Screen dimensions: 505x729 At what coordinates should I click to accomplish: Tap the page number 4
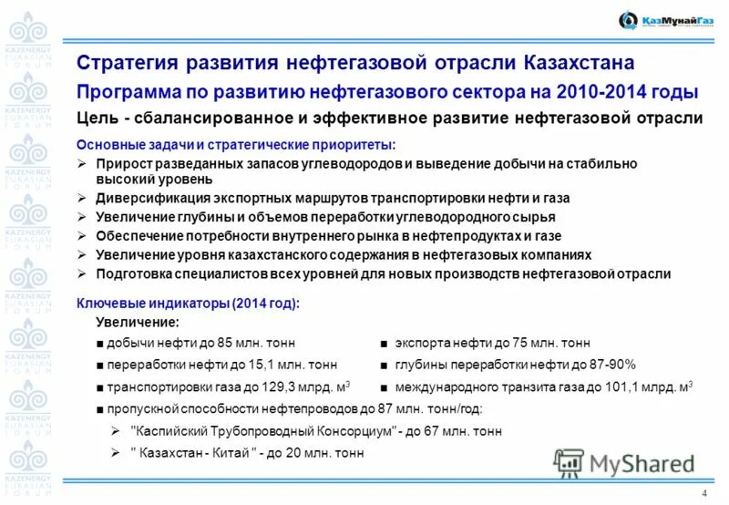pos(704,493)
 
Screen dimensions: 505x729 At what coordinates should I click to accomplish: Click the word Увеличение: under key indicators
pos(138,323)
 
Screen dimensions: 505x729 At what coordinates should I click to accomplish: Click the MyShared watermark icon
pos(570,463)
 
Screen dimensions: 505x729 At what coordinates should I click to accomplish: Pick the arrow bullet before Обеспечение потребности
pos(82,236)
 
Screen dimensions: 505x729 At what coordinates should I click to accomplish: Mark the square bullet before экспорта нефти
pos(386,344)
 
